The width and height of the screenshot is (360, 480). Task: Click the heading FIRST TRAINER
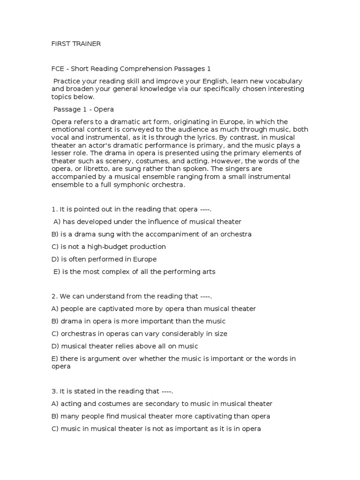coord(76,44)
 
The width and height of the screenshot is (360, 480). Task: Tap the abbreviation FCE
coord(58,68)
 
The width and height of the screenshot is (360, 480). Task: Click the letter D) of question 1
coord(55,259)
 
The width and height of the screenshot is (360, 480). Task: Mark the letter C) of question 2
coord(55,334)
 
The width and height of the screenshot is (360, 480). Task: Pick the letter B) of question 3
coord(55,416)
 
